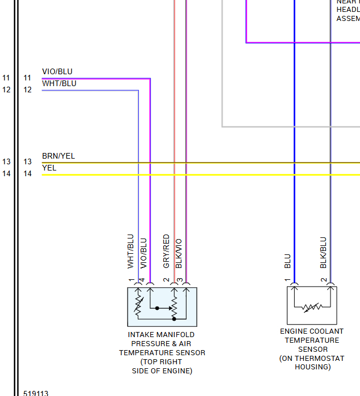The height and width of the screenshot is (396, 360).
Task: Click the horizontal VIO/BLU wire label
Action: click(x=57, y=72)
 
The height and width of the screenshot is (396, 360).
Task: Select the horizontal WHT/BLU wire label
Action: click(x=59, y=84)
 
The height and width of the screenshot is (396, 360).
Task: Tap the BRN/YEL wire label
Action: click(x=58, y=156)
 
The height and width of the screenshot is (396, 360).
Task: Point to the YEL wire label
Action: click(x=49, y=168)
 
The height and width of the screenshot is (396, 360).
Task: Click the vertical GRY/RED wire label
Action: click(x=166, y=251)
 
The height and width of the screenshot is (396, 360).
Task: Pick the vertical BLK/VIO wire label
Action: click(x=179, y=253)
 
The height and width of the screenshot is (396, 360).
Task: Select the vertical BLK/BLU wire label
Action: click(x=323, y=252)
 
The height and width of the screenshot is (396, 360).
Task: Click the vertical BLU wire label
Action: click(x=287, y=261)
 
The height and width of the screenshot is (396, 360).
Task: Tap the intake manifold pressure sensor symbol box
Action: click(x=162, y=306)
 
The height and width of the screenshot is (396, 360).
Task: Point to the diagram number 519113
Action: click(x=36, y=393)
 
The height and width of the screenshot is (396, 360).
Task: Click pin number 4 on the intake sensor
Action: click(x=142, y=280)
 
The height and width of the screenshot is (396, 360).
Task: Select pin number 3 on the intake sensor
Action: click(x=179, y=280)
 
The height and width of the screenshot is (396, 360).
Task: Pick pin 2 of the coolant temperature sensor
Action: click(x=323, y=280)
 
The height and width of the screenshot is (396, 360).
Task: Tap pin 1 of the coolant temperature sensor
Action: click(x=287, y=280)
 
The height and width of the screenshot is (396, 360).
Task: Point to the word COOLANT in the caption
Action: click(x=326, y=331)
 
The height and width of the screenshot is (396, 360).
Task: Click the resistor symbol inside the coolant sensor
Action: click(x=311, y=308)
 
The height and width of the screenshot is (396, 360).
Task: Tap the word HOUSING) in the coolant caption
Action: click(x=312, y=367)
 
